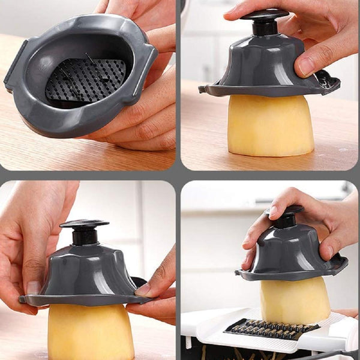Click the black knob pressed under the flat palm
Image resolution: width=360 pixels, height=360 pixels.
(265, 15)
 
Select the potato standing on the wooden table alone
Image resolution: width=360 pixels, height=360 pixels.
(271, 126)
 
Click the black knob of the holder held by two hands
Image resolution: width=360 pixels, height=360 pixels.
(84, 223)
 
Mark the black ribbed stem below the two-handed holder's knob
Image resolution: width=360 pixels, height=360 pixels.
(85, 236)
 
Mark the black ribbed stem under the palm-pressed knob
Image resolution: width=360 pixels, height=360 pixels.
(264, 28)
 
